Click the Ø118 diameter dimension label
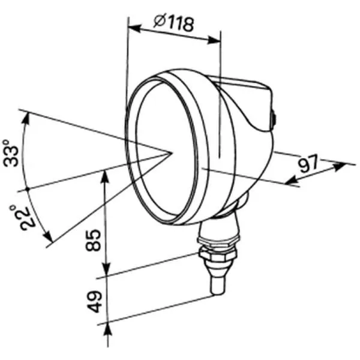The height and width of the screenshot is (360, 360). tap(174, 23)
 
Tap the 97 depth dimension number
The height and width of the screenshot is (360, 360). tap(308, 164)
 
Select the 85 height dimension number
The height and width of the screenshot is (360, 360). tap(93, 240)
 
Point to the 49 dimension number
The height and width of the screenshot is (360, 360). tap(95, 301)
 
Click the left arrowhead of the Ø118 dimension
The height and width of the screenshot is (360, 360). tap(134, 28)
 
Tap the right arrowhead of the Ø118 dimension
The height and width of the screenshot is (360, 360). tap(214, 40)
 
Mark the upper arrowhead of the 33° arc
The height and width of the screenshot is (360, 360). tap(26, 119)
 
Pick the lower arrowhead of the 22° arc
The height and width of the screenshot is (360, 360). tap(48, 236)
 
